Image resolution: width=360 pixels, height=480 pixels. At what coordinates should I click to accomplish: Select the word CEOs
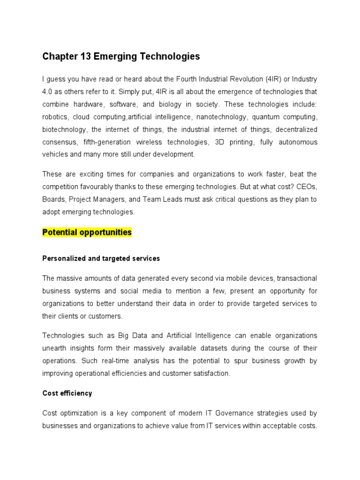point(307,187)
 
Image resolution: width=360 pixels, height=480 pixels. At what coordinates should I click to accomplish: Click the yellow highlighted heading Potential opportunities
point(87,232)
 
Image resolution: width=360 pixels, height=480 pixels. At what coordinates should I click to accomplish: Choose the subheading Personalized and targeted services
point(101,258)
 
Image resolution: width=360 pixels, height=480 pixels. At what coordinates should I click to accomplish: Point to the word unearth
point(56,348)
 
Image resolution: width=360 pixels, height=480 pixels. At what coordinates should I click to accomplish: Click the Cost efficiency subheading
point(67,393)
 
